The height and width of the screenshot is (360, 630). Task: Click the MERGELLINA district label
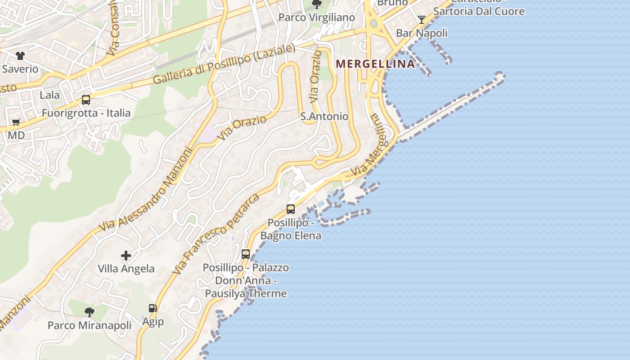(x=375, y=64)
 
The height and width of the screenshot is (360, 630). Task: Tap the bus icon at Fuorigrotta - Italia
(x=85, y=100)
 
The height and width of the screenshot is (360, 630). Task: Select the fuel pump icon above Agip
(x=153, y=308)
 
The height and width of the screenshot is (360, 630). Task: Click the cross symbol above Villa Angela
(x=126, y=256)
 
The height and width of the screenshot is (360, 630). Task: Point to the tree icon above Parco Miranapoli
(x=90, y=312)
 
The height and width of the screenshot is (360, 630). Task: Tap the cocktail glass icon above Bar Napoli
(x=422, y=19)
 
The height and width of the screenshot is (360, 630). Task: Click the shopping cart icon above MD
(x=16, y=122)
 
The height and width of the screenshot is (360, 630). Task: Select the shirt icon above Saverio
(x=20, y=56)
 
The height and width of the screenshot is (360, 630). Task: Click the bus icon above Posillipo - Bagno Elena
(x=291, y=209)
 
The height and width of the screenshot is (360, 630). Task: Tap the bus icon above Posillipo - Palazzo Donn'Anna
(x=246, y=254)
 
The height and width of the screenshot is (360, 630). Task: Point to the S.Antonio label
(x=324, y=117)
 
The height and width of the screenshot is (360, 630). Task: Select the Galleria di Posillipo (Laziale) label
(x=224, y=64)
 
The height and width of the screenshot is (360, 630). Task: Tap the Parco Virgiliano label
(x=317, y=18)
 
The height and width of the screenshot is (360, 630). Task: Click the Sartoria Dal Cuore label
(x=479, y=11)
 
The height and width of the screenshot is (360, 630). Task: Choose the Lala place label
(x=49, y=95)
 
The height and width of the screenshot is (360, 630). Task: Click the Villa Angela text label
(x=126, y=269)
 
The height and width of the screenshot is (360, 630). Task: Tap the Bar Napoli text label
(x=422, y=33)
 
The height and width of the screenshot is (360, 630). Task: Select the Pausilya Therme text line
(x=246, y=293)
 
